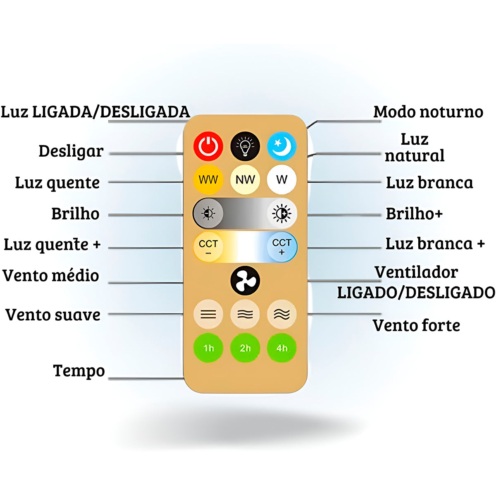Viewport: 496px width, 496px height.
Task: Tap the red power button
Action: (208, 146)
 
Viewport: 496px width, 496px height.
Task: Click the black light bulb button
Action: (245, 146)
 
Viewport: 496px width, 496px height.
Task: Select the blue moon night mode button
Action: (281, 146)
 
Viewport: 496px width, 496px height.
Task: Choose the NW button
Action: (245, 180)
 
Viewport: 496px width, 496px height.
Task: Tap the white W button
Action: (281, 180)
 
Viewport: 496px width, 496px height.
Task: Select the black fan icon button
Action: (245, 281)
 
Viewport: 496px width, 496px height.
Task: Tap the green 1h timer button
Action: (208, 348)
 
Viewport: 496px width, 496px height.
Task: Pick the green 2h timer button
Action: (245, 348)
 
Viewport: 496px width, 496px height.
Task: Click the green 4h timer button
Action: (281, 348)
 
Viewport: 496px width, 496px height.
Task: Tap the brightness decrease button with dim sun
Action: (208, 214)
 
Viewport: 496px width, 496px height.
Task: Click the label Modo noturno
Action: (428, 112)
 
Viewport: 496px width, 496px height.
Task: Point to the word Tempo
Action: (79, 371)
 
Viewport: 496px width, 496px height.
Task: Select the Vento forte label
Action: (416, 326)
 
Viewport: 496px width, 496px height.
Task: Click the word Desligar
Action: (71, 151)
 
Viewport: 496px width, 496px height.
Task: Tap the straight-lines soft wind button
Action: (208, 315)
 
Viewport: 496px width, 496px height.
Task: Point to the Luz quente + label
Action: (52, 245)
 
